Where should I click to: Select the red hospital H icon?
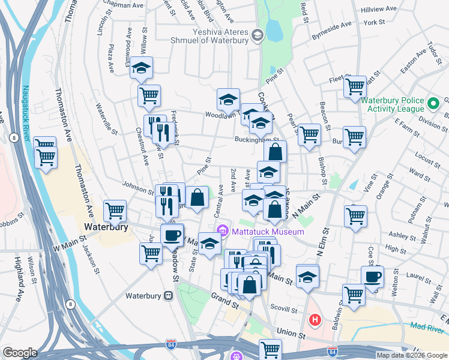[314, 320]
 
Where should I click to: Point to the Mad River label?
[428, 329]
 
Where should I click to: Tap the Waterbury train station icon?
[169, 295]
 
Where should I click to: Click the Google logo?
[20, 353]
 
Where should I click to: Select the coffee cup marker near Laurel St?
[372, 277]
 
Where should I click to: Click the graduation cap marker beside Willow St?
[141, 68]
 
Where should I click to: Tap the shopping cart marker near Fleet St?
[355, 86]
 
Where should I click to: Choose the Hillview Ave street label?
[379, 10]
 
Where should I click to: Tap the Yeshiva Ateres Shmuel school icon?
[258, 36]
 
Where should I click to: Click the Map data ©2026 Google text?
[412, 355]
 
